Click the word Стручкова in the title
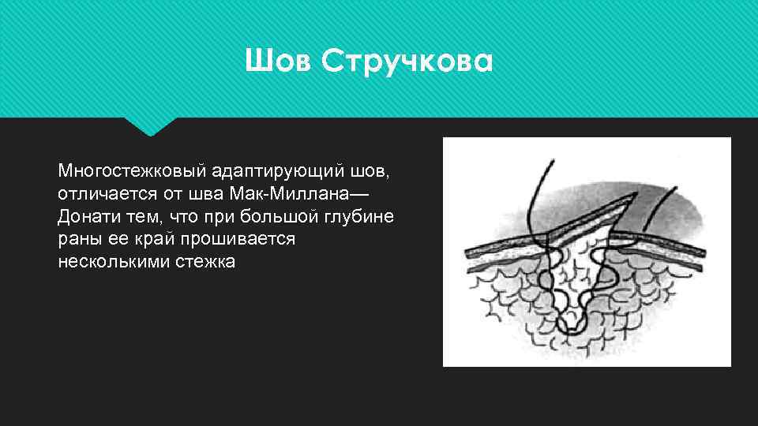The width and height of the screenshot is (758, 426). point(407,61)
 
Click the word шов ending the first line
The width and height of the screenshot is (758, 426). point(373,170)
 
